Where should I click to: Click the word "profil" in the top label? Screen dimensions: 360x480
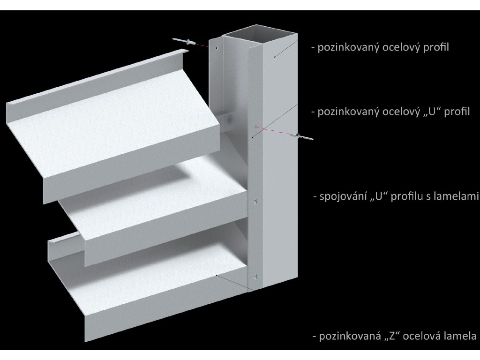coord(435,48)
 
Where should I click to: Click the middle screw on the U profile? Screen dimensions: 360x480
coord(255,202)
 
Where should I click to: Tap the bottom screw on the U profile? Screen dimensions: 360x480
coord(255,276)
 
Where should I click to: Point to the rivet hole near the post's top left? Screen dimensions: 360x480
coord(217,47)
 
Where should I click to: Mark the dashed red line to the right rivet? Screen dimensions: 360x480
coord(277,131)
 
